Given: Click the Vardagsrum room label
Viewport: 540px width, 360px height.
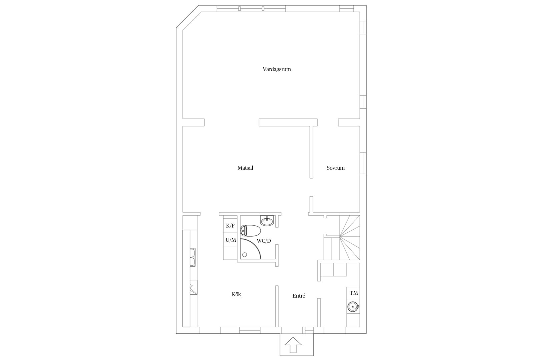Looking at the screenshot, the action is point(277,69).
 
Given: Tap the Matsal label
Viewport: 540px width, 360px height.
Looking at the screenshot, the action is point(245,168).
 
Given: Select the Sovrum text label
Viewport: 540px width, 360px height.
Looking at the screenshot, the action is point(336,168).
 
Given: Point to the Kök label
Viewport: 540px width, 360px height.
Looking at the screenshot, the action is point(236,294).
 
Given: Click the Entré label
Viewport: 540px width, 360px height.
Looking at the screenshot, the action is point(299,296).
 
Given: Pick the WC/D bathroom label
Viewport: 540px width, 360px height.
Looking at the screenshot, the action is point(264,241).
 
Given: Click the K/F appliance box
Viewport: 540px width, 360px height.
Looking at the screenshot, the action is point(230,225).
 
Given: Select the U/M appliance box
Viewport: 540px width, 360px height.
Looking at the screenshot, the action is point(230,239).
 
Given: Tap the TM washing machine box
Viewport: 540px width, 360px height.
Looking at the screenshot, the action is point(353,293).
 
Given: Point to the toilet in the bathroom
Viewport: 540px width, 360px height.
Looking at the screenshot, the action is point(250,231).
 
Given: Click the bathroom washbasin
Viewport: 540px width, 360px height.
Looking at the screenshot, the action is point(267,221).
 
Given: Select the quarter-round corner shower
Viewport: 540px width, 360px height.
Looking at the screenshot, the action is point(250,249).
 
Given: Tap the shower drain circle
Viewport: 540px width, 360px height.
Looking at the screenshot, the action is point(245,255).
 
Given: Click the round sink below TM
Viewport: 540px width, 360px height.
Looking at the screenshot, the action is point(353,307).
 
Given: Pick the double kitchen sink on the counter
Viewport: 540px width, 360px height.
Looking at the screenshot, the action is point(193,257).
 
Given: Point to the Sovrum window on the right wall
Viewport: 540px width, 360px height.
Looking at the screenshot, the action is point(363,163).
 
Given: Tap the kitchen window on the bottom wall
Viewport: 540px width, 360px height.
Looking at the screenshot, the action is point(250,330).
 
